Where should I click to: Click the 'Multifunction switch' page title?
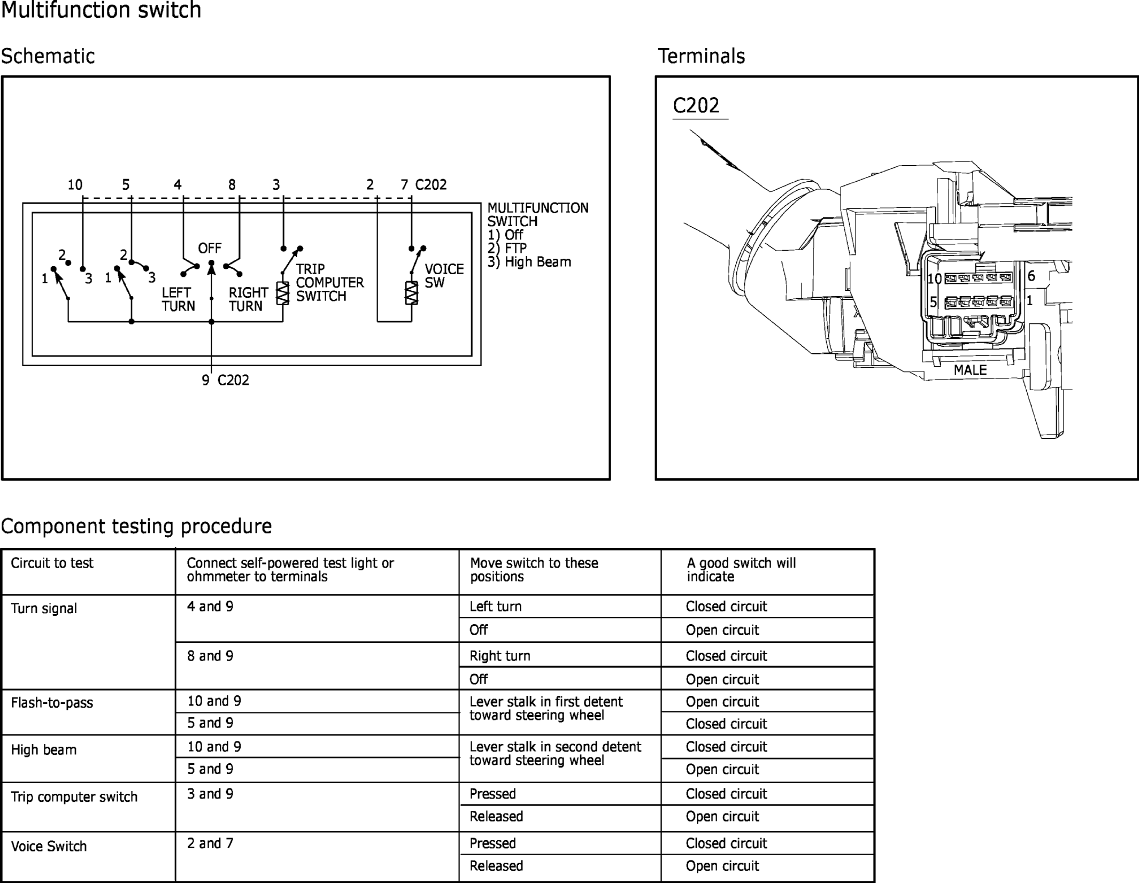[101, 10]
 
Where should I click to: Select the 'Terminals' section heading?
[701, 56]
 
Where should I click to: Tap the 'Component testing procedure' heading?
[136, 526]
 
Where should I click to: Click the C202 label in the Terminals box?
[696, 106]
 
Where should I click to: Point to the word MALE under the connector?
[970, 370]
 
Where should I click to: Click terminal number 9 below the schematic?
[205, 380]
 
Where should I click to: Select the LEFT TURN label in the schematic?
[178, 299]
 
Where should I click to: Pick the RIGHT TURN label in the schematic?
[248, 299]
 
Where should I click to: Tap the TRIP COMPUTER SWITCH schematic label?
[329, 282]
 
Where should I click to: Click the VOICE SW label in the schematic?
[444, 276]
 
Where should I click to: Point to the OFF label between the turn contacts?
[210, 249]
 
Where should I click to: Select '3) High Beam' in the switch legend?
[529, 262]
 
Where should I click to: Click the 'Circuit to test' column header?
[52, 563]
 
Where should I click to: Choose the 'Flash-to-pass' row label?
[52, 703]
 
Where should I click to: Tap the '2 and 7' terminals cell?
[210, 843]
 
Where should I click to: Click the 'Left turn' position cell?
[495, 607]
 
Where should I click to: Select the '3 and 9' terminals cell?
[210, 794]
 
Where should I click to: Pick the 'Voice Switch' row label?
[49, 847]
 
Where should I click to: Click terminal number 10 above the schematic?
[75, 185]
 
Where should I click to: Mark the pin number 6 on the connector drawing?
[1032, 276]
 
